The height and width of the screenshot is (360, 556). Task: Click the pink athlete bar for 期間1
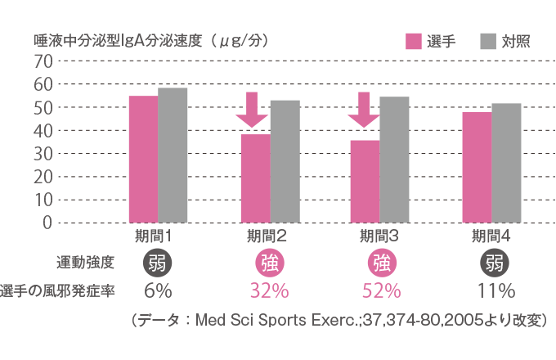[x=143, y=159]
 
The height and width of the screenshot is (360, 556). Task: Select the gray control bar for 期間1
[x=173, y=155]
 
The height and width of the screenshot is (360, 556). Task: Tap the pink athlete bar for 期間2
[x=255, y=178]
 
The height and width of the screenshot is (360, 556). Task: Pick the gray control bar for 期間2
[x=285, y=160]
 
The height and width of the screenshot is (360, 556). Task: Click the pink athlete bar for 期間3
[x=365, y=181]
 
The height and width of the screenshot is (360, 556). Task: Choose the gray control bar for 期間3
[x=394, y=159]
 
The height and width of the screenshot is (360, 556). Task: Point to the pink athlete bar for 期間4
[x=477, y=167]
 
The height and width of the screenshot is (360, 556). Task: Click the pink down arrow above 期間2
[x=252, y=110]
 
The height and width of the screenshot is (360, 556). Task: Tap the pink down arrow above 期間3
[x=364, y=110]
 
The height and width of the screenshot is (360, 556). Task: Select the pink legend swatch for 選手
[x=414, y=42]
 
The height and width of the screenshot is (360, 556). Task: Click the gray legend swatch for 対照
[x=488, y=42]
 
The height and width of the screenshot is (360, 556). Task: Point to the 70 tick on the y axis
[x=43, y=62]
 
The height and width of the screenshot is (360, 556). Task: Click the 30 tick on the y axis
[x=43, y=154]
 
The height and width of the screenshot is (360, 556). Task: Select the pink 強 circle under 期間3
[x=381, y=263]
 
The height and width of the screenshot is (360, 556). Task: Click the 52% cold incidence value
[x=381, y=291]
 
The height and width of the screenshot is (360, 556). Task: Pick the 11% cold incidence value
[x=495, y=291]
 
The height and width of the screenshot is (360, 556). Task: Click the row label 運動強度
[x=84, y=263]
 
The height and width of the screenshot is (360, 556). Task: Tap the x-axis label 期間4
[x=493, y=237]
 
